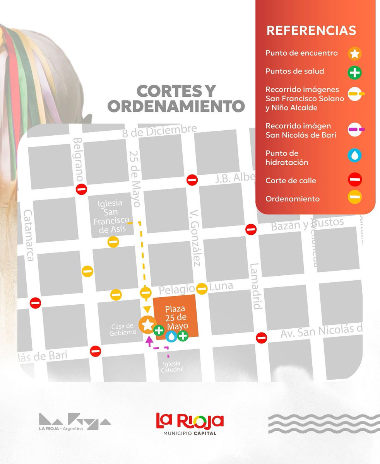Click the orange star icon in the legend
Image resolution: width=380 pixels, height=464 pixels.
tap(354, 54)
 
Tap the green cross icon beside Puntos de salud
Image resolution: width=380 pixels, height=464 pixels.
tap(354, 72)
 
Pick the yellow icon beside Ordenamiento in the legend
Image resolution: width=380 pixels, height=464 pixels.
tap(354, 198)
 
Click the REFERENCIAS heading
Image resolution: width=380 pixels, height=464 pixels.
tap(311, 31)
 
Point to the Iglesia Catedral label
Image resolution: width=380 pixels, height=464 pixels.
tap(172, 366)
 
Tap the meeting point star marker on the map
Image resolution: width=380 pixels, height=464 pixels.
tap(147, 324)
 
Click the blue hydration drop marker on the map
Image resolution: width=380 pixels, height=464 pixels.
tap(171, 336)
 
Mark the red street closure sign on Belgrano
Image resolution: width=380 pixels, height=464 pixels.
tap(82, 189)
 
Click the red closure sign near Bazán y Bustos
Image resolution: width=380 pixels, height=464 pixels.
tap(251, 229)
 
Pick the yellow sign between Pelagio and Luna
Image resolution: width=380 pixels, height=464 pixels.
tap(202, 288)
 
